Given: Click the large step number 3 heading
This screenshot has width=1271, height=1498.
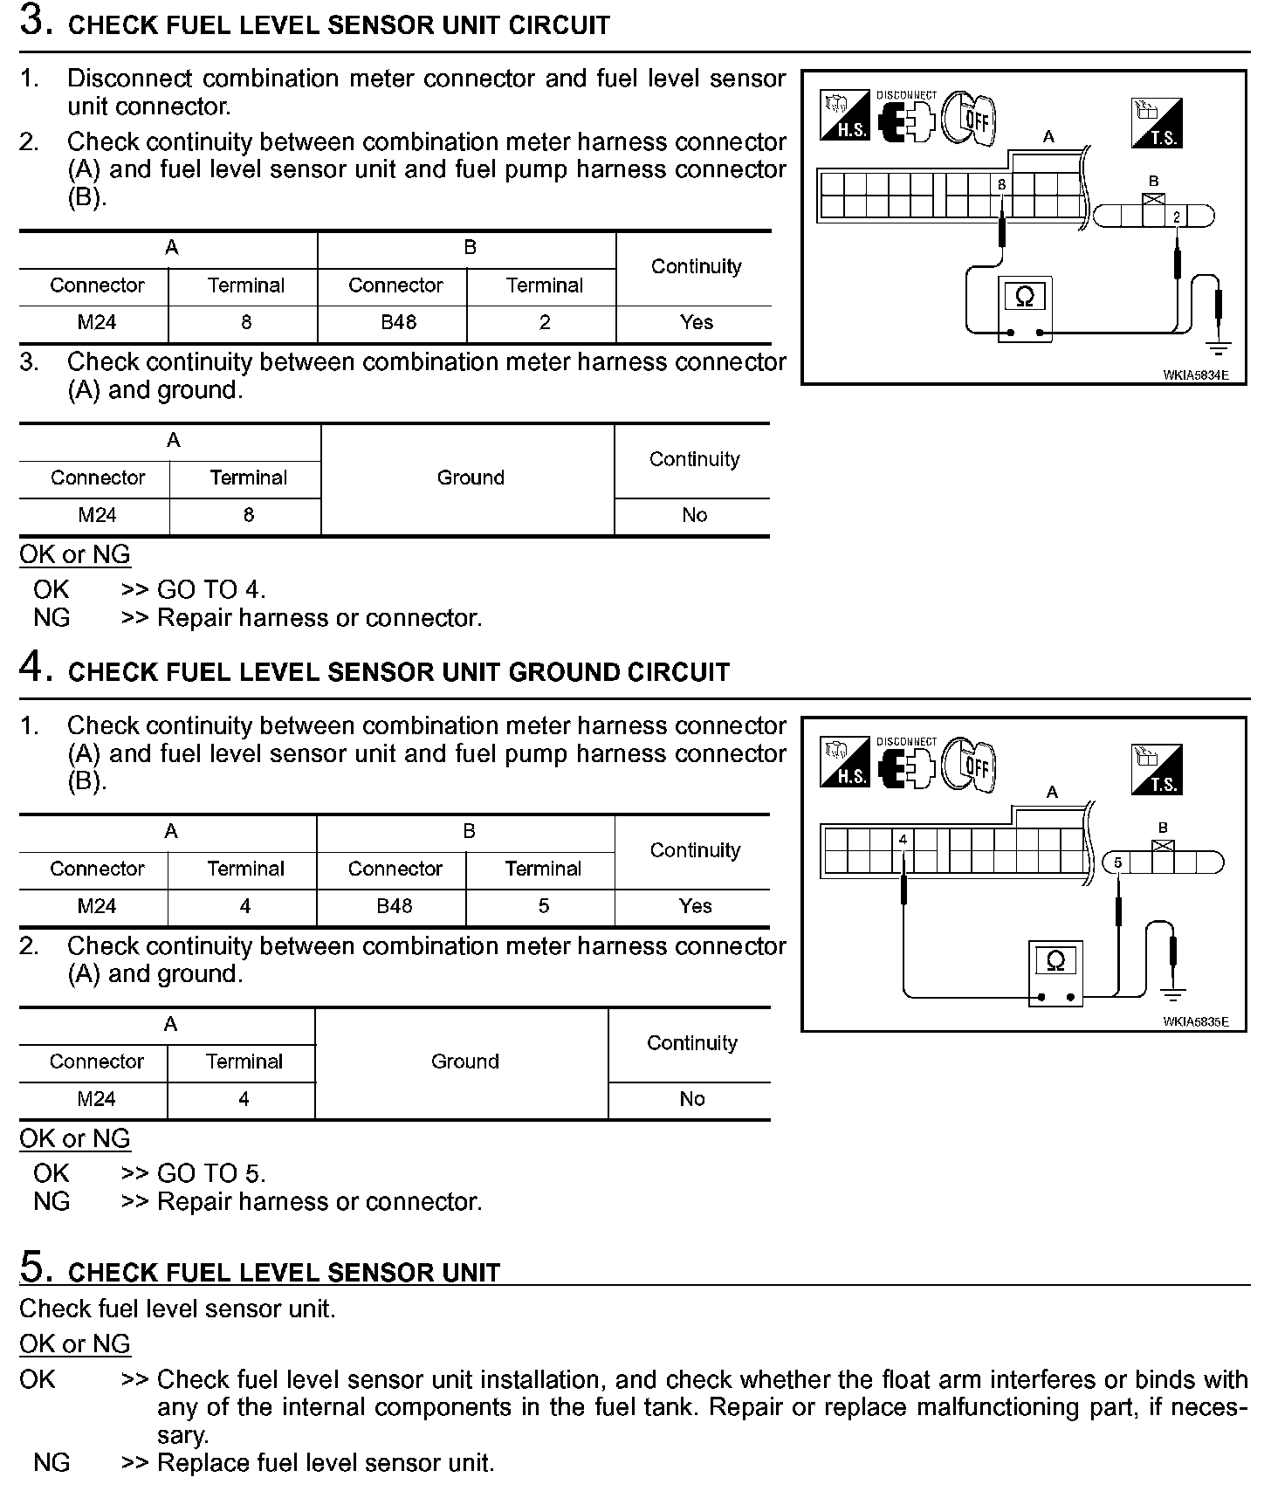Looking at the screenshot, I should pyautogui.click(x=32, y=22).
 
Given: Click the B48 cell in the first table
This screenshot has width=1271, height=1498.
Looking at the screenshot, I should pyautogui.click(x=398, y=322).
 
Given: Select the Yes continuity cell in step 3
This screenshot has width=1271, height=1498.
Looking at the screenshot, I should pyautogui.click(x=696, y=322).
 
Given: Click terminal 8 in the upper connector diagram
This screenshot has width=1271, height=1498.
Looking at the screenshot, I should pyautogui.click(x=1001, y=185).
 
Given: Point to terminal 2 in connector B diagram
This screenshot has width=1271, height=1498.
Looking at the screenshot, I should pyautogui.click(x=1176, y=216).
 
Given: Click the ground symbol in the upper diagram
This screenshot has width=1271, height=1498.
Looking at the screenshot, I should pyautogui.click(x=1218, y=347).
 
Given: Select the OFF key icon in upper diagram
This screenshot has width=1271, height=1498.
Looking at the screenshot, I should pyautogui.click(x=971, y=117).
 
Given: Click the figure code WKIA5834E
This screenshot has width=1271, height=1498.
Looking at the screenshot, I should pyautogui.click(x=1195, y=375).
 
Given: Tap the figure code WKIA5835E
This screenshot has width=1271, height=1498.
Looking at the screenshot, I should pyautogui.click(x=1195, y=1021).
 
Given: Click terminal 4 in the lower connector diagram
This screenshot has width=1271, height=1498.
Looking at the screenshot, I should pyautogui.click(x=903, y=840).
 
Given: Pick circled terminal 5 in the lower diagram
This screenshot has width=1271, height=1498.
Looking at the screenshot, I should pyautogui.click(x=1116, y=863).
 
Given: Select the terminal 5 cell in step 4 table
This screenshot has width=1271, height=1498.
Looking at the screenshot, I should pyautogui.click(x=543, y=906).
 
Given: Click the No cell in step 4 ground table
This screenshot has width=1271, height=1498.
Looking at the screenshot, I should pyautogui.click(x=691, y=1099).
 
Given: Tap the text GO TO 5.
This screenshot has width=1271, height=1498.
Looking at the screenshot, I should pyautogui.click(x=211, y=1173).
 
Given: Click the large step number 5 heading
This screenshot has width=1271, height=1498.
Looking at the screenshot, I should pyautogui.click(x=31, y=1268).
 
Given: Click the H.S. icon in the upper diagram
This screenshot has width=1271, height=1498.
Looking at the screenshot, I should pyautogui.click(x=844, y=116).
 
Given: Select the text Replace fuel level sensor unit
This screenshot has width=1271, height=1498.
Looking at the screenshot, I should pyautogui.click(x=326, y=1463).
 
